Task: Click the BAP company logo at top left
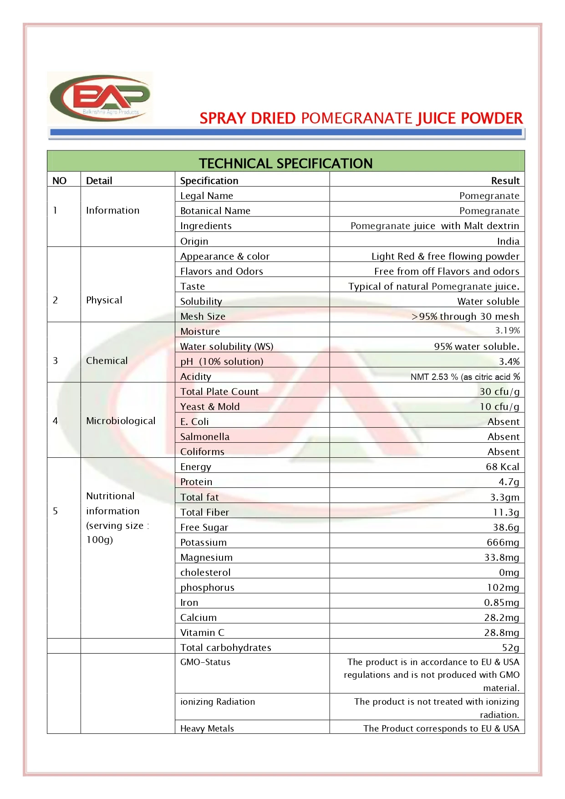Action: (x=100, y=97)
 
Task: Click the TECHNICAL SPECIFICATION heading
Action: (x=285, y=163)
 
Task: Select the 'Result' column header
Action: (x=505, y=181)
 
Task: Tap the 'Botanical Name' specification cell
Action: (x=215, y=211)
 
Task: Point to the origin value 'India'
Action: (x=508, y=241)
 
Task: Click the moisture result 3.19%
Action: (x=507, y=331)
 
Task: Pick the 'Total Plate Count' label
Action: (x=219, y=392)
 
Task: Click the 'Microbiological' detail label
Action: (x=121, y=421)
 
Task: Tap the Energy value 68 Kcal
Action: (x=502, y=467)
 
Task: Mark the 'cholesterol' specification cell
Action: (x=205, y=573)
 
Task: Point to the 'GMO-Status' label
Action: (x=205, y=662)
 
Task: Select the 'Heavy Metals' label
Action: (x=207, y=728)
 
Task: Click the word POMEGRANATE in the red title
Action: (x=356, y=118)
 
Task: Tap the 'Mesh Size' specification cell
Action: (x=203, y=317)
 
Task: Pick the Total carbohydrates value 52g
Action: (x=510, y=648)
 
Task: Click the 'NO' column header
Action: (x=60, y=181)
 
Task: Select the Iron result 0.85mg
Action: (x=501, y=603)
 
